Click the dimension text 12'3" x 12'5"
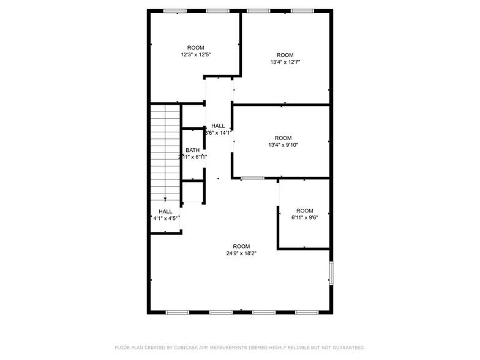click(195, 55)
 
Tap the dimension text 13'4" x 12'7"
click(285, 62)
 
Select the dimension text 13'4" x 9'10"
click(283, 145)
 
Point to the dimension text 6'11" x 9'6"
click(304, 218)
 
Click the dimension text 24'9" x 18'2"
click(241, 253)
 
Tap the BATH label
click(193, 150)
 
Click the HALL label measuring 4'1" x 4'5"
click(165, 211)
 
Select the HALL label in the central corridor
click(218, 126)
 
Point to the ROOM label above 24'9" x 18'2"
click(241, 246)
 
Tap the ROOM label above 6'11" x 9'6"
click(304, 211)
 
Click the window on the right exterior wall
click(331, 273)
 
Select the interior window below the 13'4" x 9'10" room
click(252, 178)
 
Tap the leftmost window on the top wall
click(174, 10)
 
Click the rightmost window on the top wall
click(302, 10)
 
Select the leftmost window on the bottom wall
click(177, 312)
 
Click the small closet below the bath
click(193, 192)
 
